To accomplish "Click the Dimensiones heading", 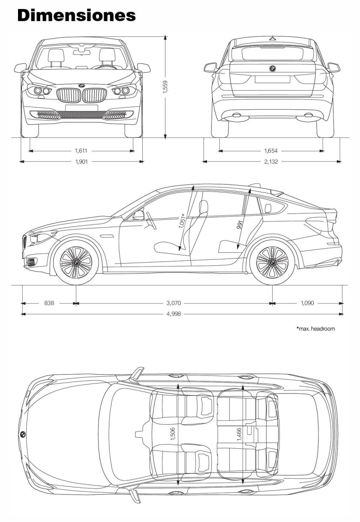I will (x=77, y=15).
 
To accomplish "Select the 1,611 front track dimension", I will (x=81, y=150).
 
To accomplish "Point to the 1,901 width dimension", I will (x=81, y=162).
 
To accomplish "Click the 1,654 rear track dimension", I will (x=271, y=150).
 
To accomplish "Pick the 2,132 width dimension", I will (x=271, y=162).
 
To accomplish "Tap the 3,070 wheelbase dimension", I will (x=174, y=303).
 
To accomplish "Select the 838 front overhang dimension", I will (x=49, y=303).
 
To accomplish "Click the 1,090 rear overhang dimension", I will (x=307, y=303).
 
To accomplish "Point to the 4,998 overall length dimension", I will (x=174, y=314).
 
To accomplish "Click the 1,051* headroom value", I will (x=183, y=222).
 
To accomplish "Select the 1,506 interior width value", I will (x=173, y=433).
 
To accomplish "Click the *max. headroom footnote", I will (x=315, y=329).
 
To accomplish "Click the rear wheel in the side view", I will (x=272, y=262).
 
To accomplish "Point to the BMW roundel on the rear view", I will (x=272, y=69).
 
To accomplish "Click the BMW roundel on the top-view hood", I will (x=23, y=434).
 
